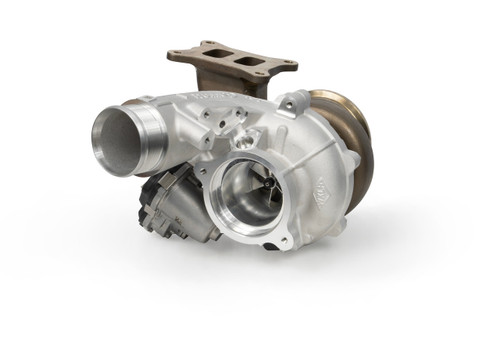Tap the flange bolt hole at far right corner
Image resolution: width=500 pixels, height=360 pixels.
(289, 67)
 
